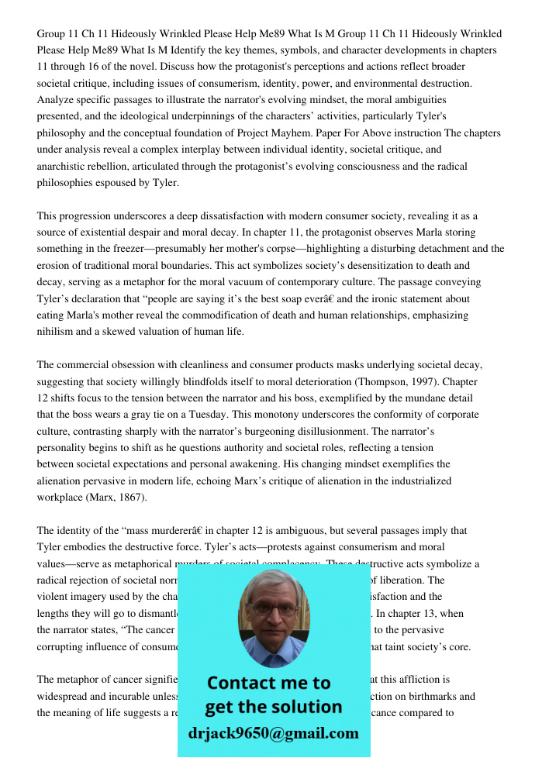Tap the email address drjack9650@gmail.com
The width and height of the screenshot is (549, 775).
click(273, 733)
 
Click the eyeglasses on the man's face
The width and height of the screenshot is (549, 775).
click(273, 609)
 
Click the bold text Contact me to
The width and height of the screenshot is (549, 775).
click(268, 683)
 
